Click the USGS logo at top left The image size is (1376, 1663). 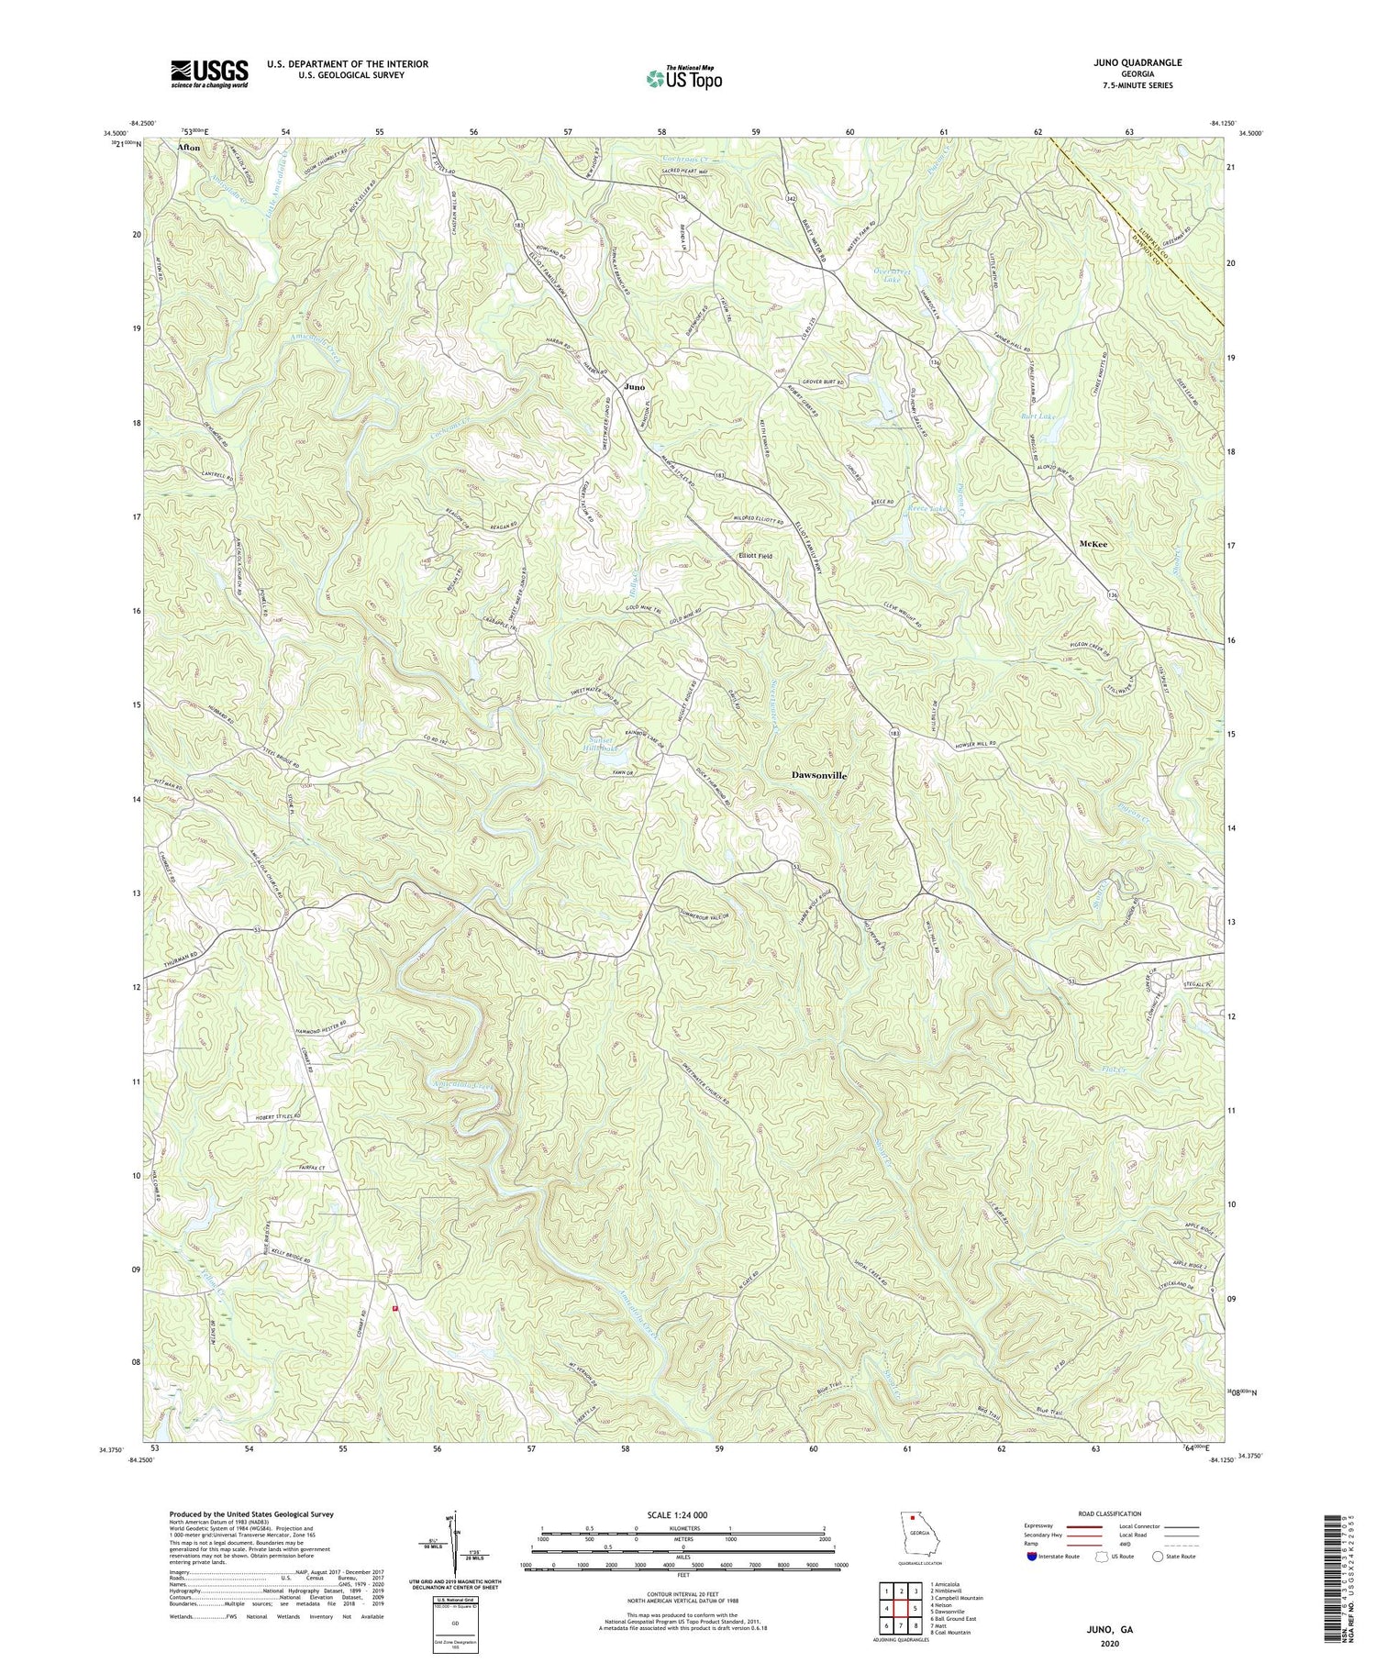tap(209, 73)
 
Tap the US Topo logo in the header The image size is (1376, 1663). tap(682, 78)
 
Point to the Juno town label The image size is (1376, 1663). tap(634, 387)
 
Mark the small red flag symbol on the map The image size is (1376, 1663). tap(395, 1309)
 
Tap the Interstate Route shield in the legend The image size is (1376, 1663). tap(1033, 1557)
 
